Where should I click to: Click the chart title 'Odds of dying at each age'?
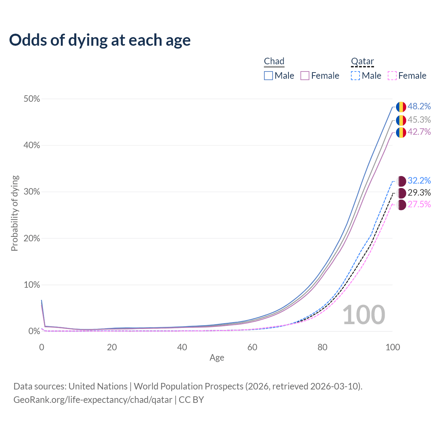click(x=100, y=40)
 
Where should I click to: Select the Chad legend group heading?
click(x=274, y=61)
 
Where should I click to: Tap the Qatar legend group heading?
click(x=362, y=61)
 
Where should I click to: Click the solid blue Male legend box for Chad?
click(x=268, y=76)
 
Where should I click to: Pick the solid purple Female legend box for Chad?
click(x=305, y=76)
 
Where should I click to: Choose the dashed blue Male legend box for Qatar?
click(x=355, y=76)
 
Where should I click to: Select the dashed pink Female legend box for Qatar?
click(x=392, y=76)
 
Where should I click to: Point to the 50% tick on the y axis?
click(x=32, y=99)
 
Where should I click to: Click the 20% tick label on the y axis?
click(x=32, y=239)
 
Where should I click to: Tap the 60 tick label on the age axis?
click(x=252, y=347)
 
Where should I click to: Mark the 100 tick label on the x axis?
click(x=393, y=347)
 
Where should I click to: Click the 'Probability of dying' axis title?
click(x=14, y=213)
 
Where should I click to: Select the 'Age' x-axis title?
click(x=217, y=357)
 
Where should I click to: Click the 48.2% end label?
click(x=419, y=107)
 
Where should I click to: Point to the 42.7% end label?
click(x=419, y=132)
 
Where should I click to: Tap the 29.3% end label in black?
click(x=419, y=192)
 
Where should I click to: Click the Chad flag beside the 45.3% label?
click(x=401, y=120)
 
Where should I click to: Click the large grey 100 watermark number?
click(x=364, y=315)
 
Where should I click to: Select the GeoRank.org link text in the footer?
click(x=93, y=400)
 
